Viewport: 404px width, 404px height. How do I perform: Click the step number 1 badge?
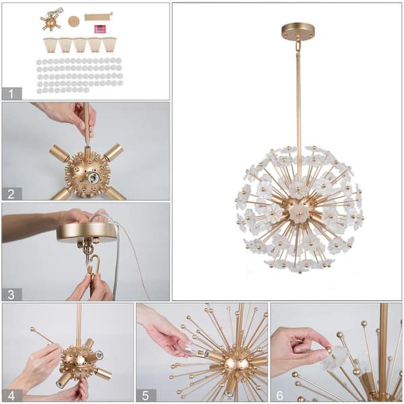click(11, 94)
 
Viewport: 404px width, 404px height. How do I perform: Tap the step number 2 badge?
click(11, 194)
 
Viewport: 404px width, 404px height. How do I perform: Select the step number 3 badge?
click(11, 294)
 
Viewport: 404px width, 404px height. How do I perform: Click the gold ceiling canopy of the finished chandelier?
click(298, 31)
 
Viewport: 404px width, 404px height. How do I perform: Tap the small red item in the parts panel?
click(100, 29)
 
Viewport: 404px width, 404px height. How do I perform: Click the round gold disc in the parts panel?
click(73, 22)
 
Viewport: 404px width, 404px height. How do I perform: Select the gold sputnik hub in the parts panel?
click(50, 22)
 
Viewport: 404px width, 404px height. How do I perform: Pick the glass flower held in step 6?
click(335, 357)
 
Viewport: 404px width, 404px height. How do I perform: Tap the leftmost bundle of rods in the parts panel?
click(50, 45)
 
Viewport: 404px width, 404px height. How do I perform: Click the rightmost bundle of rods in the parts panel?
click(109, 45)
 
